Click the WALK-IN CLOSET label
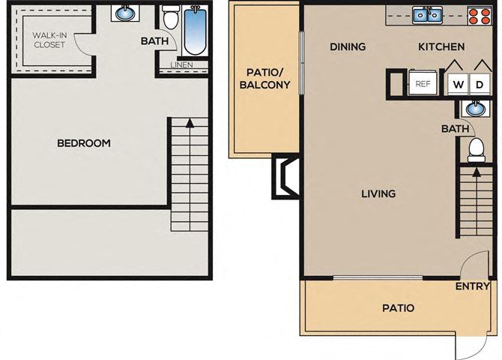coord(49,40)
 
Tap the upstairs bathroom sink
coord(125,13)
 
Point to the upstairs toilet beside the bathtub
coord(169,17)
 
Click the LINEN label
coord(181,64)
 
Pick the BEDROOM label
coord(84,143)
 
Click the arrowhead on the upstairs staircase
coord(190,123)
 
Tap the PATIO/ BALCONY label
coord(264,79)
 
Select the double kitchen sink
coord(427,15)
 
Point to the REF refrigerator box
coord(423,83)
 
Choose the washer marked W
coord(458,85)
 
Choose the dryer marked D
coord(480,85)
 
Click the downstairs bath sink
coord(476,108)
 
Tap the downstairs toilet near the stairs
coord(477,150)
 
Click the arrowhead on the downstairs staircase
coord(477,172)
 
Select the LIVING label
coord(378,193)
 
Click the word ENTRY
coord(473,286)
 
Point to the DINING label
coord(348,46)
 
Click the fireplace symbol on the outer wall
coord(284,177)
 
